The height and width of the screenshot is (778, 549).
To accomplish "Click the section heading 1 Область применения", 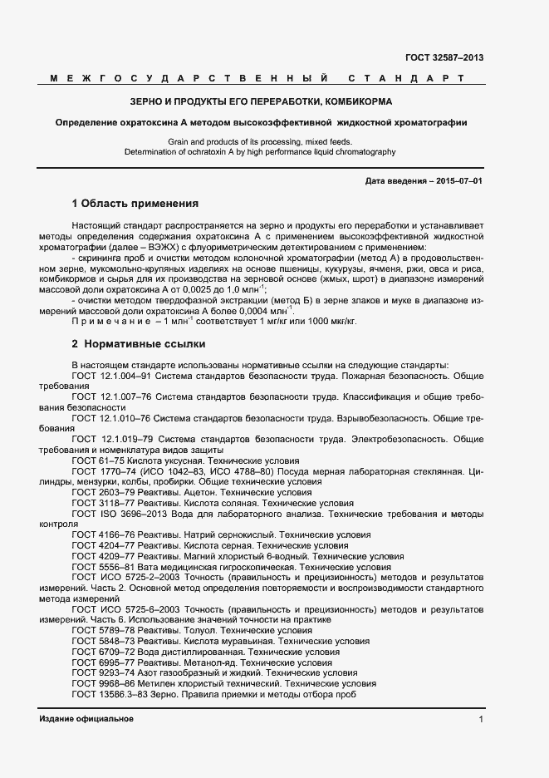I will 135,203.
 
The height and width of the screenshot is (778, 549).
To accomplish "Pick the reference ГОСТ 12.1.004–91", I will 110,376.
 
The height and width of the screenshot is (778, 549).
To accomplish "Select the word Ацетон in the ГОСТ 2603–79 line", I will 193,493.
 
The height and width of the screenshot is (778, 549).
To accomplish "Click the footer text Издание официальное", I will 86,719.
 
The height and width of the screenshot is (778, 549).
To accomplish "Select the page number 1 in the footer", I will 480,719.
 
